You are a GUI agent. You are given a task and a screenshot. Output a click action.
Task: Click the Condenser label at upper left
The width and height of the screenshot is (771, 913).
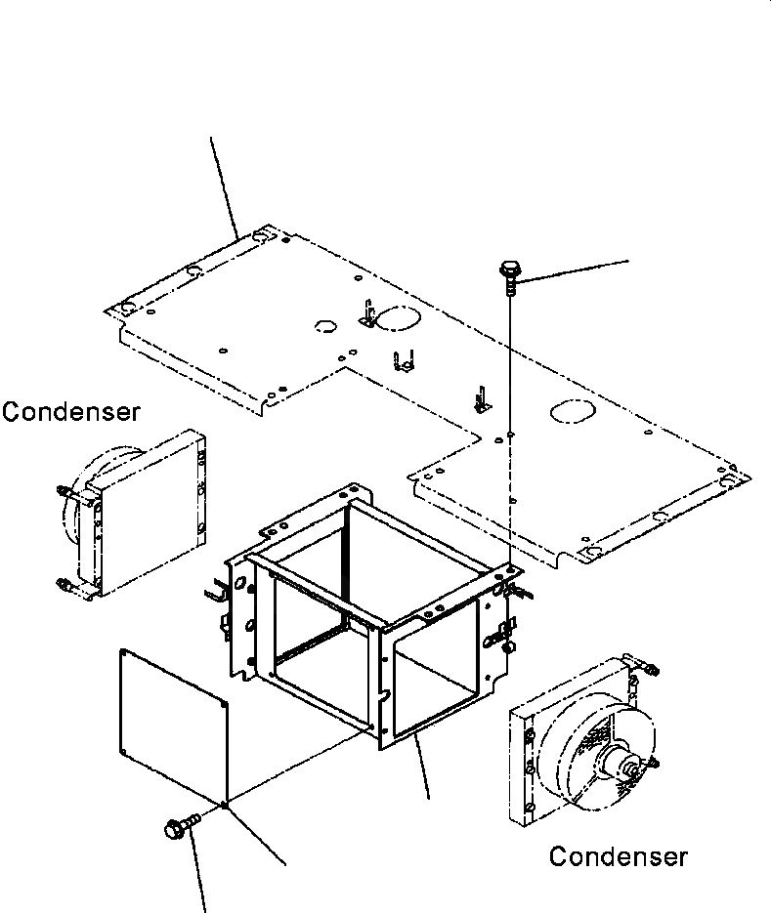point(70,412)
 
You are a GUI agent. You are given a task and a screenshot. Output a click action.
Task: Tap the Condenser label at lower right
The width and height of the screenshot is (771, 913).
point(618,857)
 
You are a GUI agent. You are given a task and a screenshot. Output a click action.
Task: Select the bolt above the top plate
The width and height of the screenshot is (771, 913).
point(508,270)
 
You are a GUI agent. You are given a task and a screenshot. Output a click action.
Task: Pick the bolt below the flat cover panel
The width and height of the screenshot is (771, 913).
point(177,829)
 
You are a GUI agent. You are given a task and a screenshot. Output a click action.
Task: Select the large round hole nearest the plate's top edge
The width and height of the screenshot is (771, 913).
point(396,318)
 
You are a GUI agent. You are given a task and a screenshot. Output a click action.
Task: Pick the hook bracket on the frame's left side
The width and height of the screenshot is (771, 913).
point(215,593)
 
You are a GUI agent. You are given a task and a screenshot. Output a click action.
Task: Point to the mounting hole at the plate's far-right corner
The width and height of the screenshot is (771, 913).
point(728,479)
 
